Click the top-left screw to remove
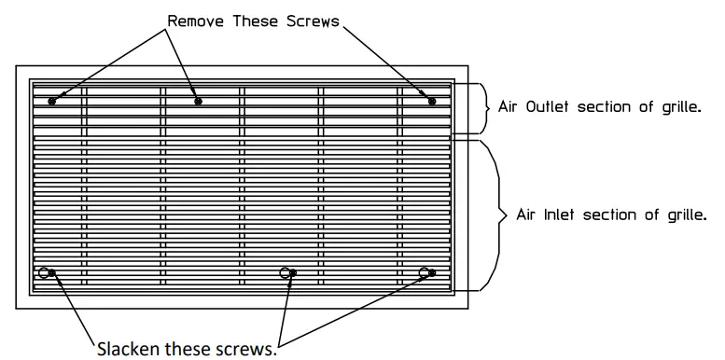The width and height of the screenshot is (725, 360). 52,101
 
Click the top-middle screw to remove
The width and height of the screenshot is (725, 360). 198,101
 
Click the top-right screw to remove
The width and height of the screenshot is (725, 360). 432,101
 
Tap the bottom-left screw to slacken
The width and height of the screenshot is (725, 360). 51,273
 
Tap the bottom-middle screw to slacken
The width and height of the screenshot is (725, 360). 293,273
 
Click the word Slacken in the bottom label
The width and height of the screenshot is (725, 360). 127,350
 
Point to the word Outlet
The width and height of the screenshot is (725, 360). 551,106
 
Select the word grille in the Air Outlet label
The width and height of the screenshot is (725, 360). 678,106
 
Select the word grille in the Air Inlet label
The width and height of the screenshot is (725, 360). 687,215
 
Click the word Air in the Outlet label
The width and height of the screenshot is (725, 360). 509,106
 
